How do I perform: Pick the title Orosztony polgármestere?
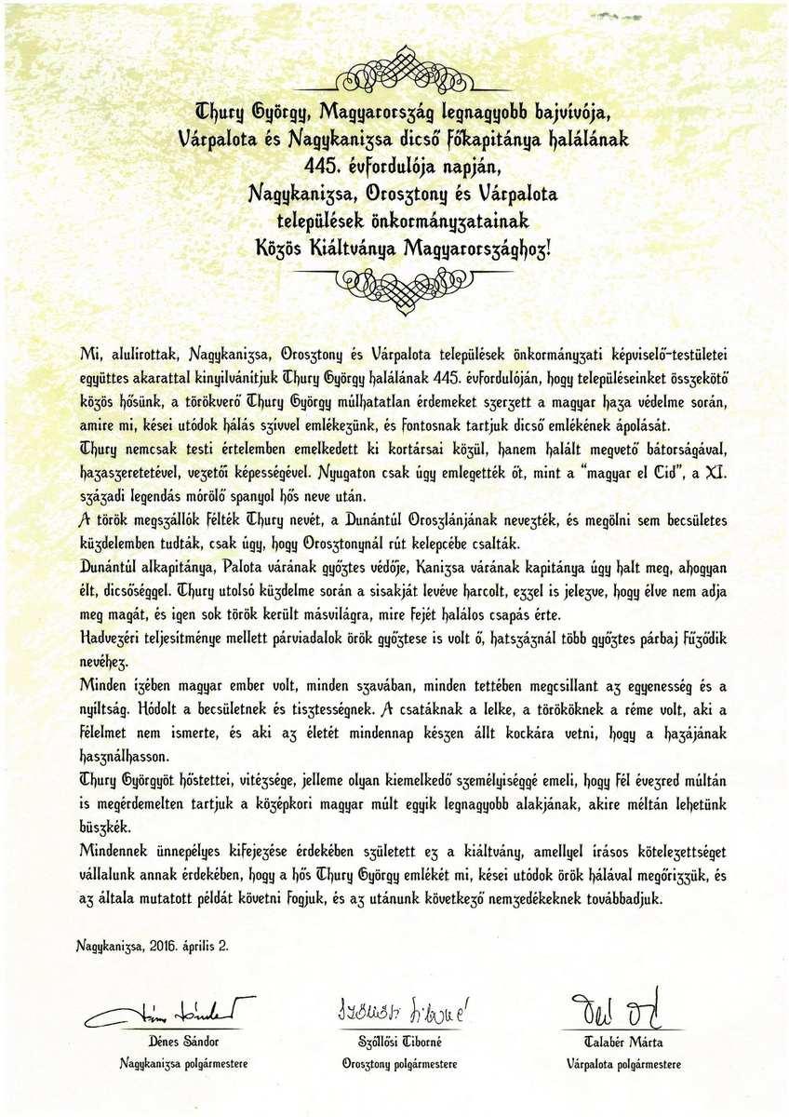pyautogui.click(x=399, y=1062)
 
